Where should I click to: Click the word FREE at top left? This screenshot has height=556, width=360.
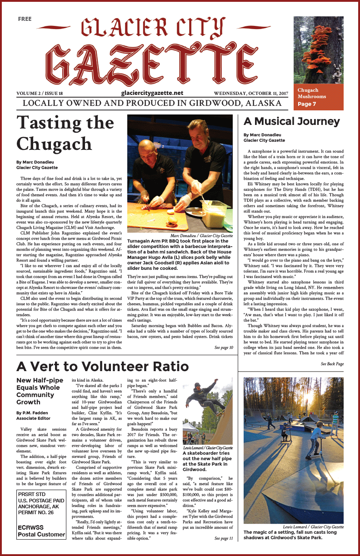25,19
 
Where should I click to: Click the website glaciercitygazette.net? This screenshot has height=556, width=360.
152,93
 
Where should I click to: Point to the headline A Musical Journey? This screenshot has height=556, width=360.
292,121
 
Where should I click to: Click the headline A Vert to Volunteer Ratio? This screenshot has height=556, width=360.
102,366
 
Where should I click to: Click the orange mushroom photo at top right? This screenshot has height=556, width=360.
318,50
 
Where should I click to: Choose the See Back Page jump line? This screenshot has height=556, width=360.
332,364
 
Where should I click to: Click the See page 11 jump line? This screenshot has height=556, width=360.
224,538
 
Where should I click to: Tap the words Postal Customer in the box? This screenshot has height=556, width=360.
42,535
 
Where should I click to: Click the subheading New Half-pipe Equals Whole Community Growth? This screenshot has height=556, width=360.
38,391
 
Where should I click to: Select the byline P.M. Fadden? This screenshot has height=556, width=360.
34,413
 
